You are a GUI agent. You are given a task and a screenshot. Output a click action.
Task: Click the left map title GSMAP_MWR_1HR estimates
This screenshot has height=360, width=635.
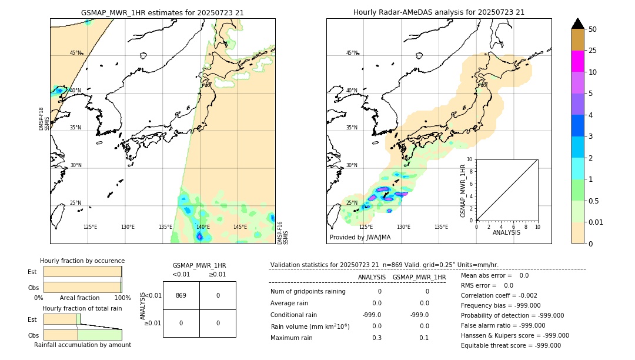tap(162, 12)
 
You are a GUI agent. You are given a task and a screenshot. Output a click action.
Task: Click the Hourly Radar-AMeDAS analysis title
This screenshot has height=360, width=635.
tap(439, 12)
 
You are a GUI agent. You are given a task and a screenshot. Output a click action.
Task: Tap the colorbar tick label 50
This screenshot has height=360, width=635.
tap(593, 29)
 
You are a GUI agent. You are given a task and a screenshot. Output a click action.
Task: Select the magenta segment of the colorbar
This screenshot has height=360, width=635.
tap(578, 61)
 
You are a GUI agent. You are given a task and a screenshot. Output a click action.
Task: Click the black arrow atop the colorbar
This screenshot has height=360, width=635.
tap(578, 24)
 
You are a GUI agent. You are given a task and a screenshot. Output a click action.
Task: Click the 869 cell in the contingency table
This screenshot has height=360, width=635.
tap(181, 295)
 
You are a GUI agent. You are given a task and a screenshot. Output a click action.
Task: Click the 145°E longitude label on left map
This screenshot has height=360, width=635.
tap(240, 227)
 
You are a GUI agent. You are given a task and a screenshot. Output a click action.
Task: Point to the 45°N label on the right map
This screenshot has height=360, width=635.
tap(352, 54)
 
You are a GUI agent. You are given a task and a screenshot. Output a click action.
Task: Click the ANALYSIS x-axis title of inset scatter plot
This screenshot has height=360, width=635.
tap(506, 232)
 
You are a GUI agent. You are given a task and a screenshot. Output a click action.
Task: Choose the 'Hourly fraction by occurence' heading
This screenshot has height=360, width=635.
tap(82, 261)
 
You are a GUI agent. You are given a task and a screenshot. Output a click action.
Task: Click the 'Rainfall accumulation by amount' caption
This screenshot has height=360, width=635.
tap(82, 345)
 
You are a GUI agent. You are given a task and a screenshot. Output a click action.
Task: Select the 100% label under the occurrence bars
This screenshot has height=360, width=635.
tap(122, 298)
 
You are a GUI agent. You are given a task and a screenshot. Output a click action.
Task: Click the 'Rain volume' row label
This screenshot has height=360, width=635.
tap(310, 326)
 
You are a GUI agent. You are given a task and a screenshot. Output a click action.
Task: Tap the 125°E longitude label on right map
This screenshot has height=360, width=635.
tap(366, 227)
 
